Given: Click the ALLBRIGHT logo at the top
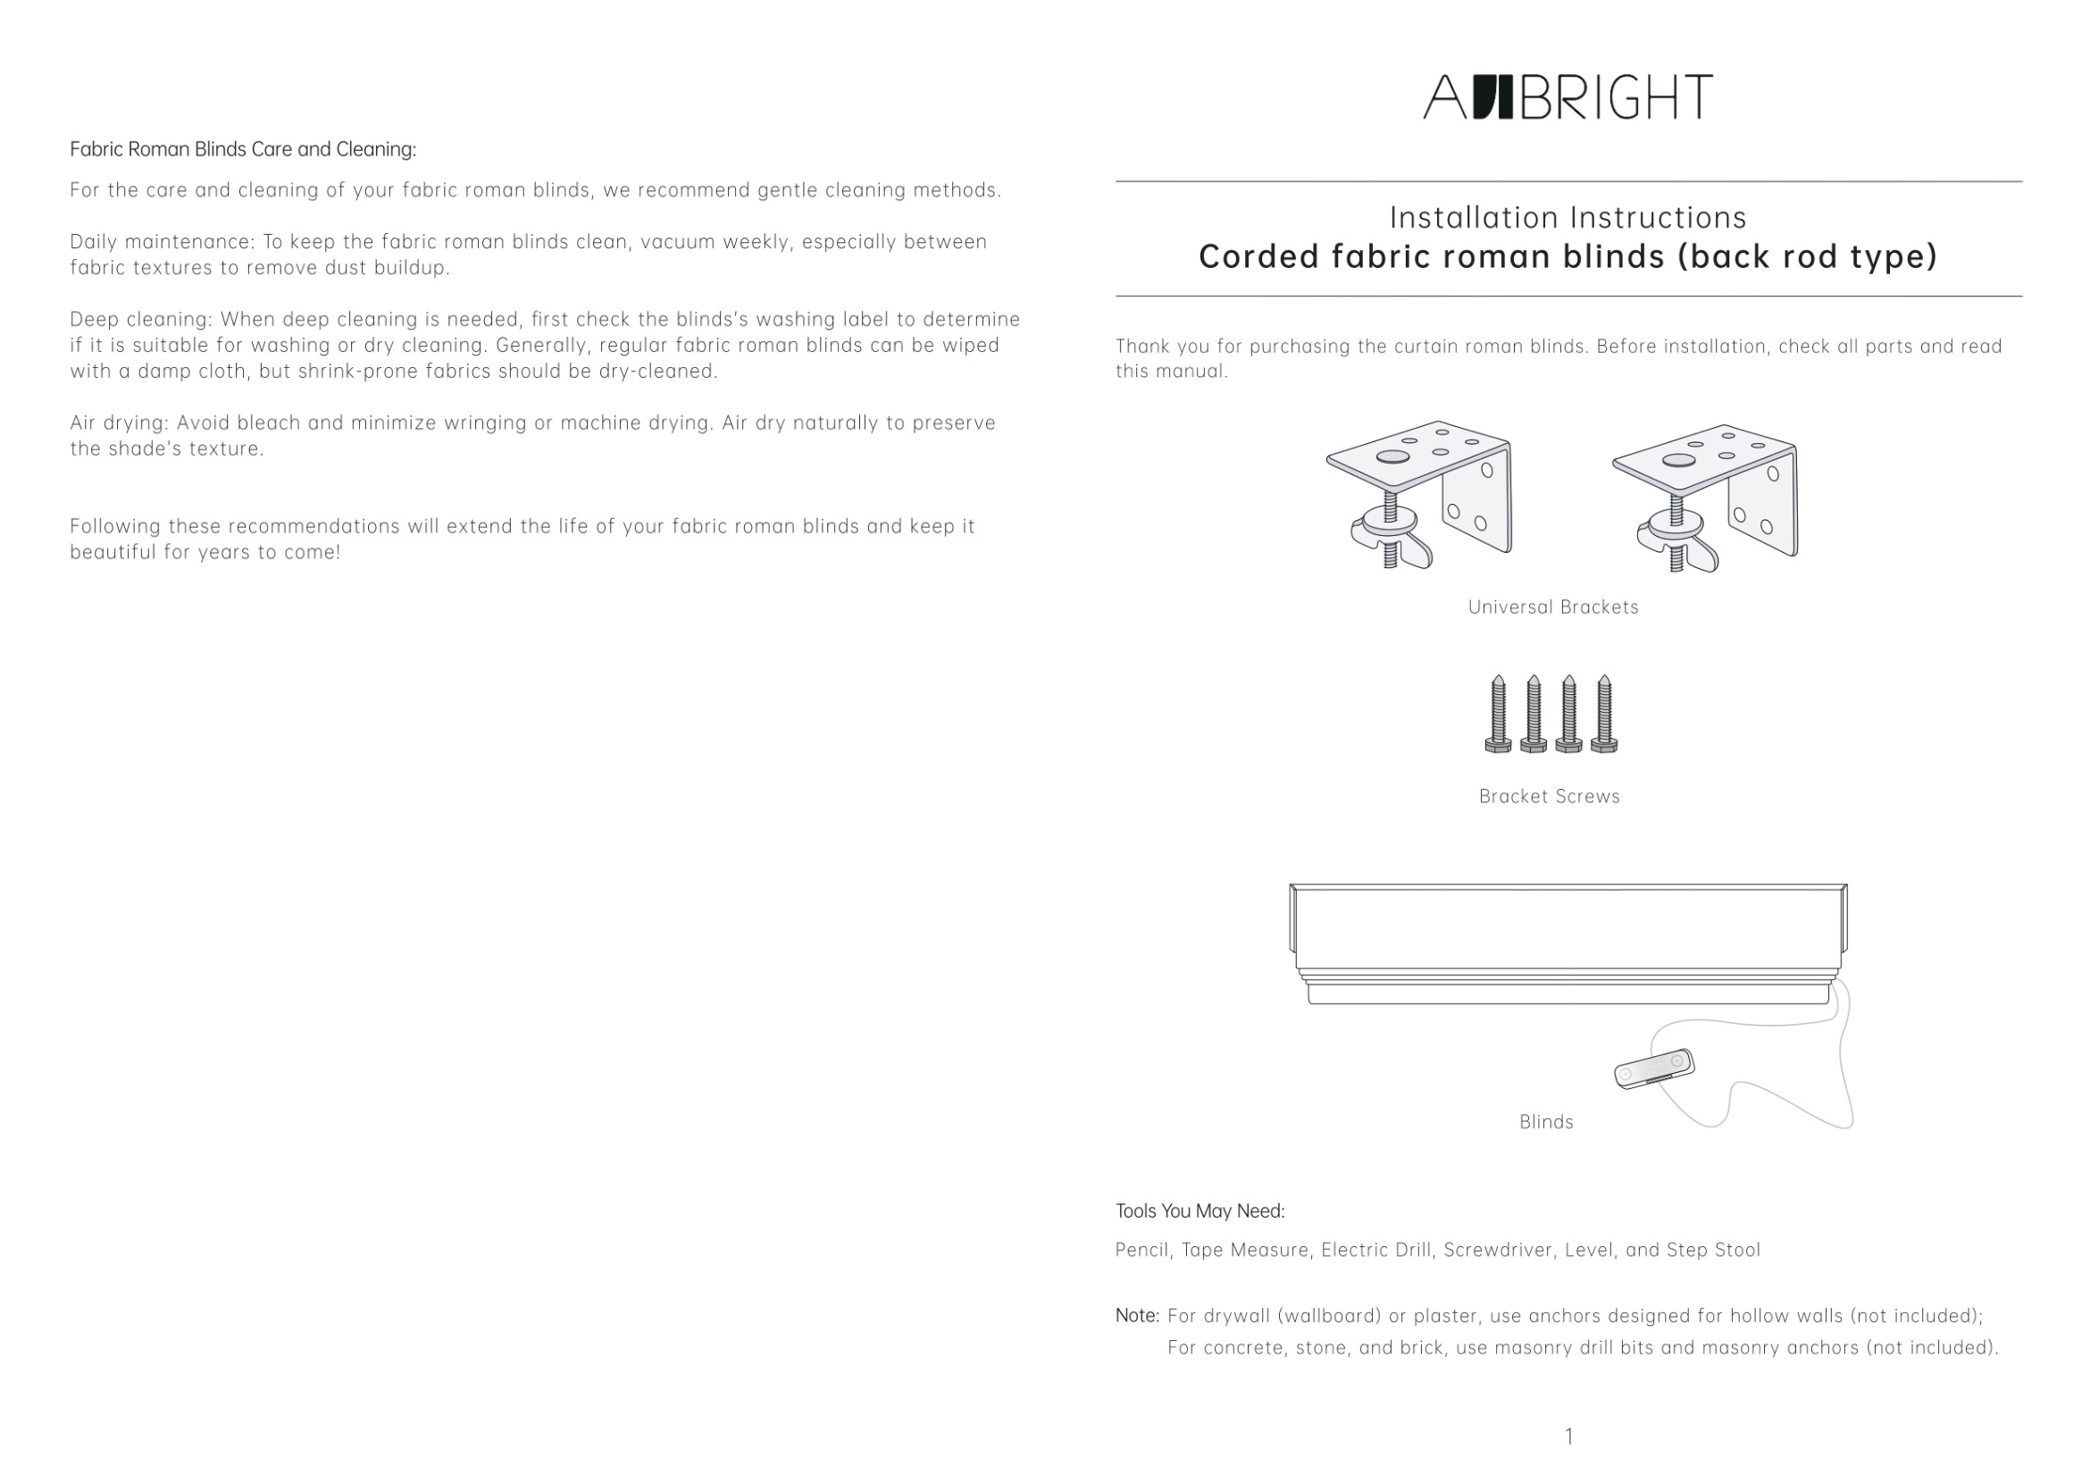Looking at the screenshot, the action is pos(1567,96).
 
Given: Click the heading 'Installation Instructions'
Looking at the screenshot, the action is pos(1567,217).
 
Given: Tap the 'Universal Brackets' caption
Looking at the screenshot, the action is pos(1553,607).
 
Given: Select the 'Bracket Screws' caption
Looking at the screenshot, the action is pos(1550,796).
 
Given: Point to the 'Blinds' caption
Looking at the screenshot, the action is pos(1546,1122).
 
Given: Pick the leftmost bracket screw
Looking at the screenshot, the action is pos(1498,714).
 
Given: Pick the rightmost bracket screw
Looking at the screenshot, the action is pos(1604,714).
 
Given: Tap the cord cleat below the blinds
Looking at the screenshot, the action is pos(1653,1069).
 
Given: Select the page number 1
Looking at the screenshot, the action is pos(1568,1437).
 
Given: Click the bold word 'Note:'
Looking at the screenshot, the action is pos(1137,1316).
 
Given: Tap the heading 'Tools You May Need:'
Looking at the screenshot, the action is pos(1200,1211).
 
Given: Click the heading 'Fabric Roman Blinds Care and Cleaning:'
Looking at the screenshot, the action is pos(243,150).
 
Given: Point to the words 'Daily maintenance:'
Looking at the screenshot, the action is pos(163,242).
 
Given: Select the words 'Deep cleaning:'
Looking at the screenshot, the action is pos(141,320).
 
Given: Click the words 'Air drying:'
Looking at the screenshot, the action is pos(120,423).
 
